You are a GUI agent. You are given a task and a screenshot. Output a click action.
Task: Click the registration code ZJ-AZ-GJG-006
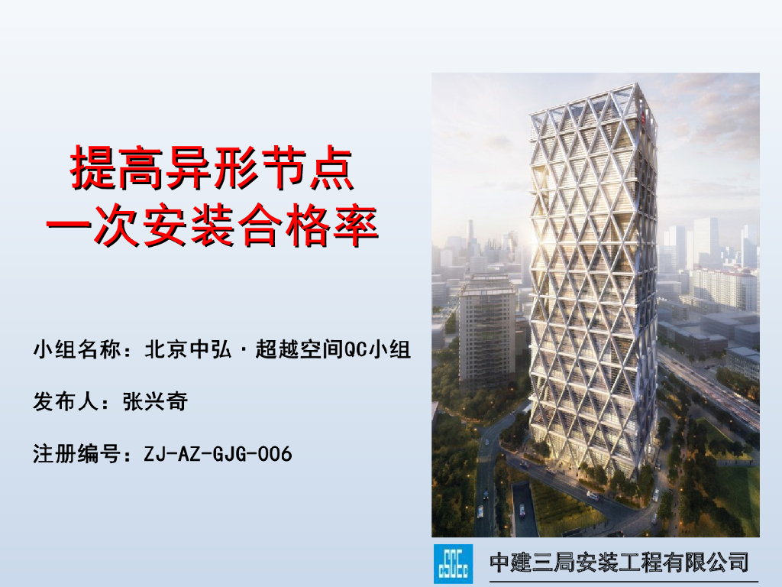tap(218, 454)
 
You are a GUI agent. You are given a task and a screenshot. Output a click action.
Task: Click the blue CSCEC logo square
tap(454, 563)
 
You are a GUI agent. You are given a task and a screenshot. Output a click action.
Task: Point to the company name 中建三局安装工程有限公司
tap(619, 563)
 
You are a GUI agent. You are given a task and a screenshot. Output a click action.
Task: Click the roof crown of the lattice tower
tap(588, 96)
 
